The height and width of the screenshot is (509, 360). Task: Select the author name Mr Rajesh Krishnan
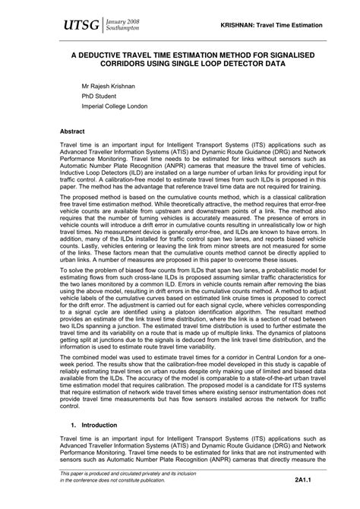(115, 87)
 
